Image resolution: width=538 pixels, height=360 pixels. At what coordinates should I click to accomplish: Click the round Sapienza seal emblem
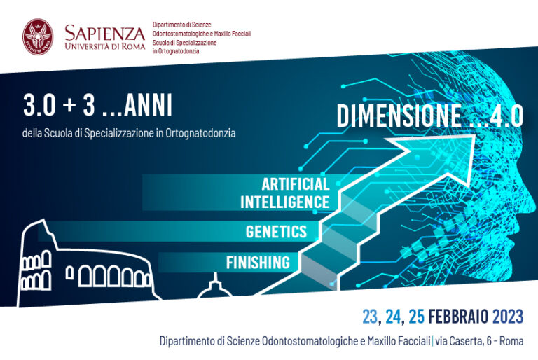click(x=38, y=37)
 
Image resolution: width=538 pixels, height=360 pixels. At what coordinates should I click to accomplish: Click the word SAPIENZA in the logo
click(x=104, y=33)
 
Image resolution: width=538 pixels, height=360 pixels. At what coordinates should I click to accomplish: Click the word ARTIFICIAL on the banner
click(x=296, y=184)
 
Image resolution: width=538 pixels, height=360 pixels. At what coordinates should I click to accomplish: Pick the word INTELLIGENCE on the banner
click(x=285, y=202)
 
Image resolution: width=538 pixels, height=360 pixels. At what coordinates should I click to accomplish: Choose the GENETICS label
click(x=276, y=232)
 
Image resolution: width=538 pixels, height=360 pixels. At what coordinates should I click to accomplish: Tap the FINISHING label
click(x=258, y=263)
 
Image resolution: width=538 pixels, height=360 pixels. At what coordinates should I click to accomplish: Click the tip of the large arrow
click(x=475, y=135)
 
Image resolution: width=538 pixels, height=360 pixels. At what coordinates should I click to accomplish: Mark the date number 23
click(x=371, y=316)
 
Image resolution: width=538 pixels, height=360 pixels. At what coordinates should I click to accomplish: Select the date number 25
click(x=417, y=316)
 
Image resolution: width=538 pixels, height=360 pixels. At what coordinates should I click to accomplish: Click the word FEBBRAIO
click(x=458, y=316)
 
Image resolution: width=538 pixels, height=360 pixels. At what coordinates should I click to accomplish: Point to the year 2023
click(x=508, y=316)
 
